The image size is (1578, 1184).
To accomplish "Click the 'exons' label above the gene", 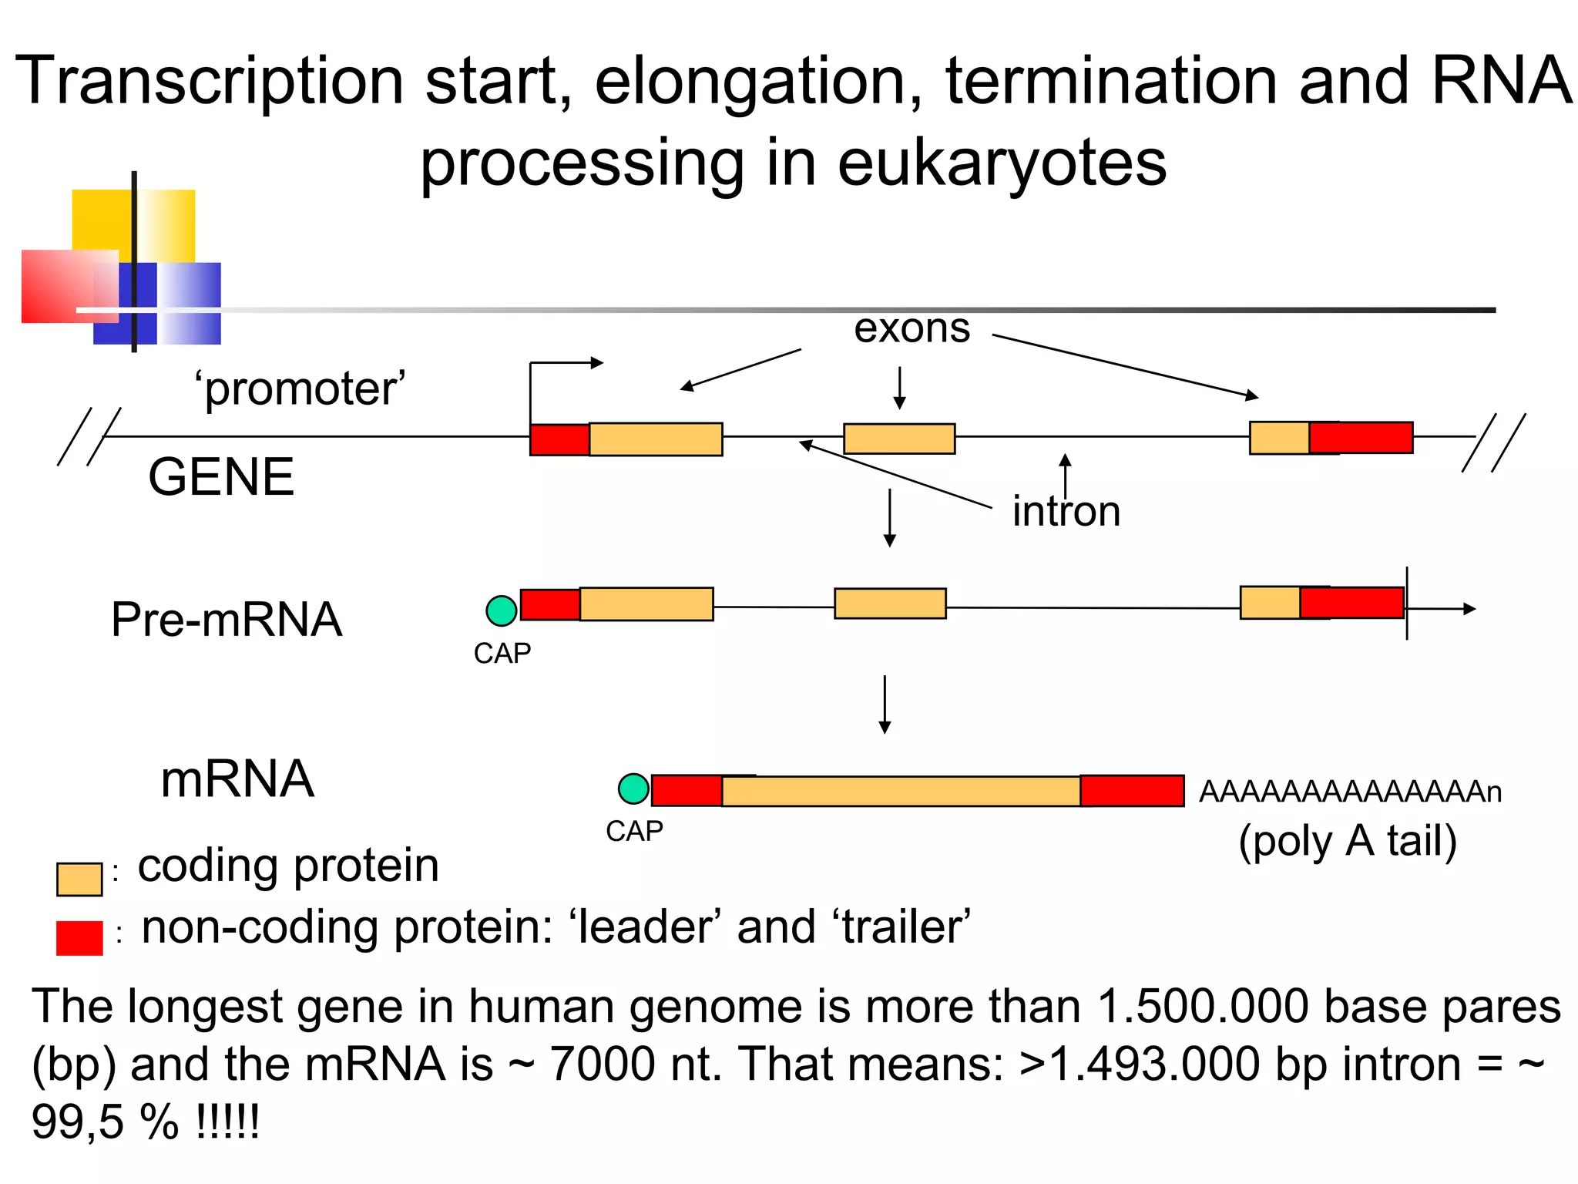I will (912, 329).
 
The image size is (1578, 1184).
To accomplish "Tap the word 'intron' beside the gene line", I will (1066, 511).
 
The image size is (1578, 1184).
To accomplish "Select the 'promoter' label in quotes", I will (300, 388).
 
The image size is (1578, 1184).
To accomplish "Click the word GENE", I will (221, 477).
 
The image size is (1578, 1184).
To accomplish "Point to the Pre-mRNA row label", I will (226, 619).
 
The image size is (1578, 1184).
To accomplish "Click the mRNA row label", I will (237, 779).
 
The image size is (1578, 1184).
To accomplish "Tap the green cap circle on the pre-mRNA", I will (502, 610).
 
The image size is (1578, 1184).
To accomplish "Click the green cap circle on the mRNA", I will (633, 789).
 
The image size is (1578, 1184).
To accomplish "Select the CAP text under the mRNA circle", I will (634, 832).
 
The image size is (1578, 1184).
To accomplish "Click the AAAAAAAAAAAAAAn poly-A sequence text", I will (1350, 792).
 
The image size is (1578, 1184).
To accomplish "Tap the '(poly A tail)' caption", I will (1348, 841).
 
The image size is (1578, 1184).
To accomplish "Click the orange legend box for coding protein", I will (79, 879).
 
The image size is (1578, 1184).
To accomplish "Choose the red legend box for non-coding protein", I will (79, 938).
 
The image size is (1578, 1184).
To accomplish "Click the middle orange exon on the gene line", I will (899, 439).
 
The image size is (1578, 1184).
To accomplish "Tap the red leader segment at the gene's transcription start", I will (559, 439).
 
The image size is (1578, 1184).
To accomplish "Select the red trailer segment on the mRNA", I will (1131, 791).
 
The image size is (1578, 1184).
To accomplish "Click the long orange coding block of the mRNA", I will (900, 792).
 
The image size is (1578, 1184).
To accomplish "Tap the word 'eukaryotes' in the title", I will (1002, 163).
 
